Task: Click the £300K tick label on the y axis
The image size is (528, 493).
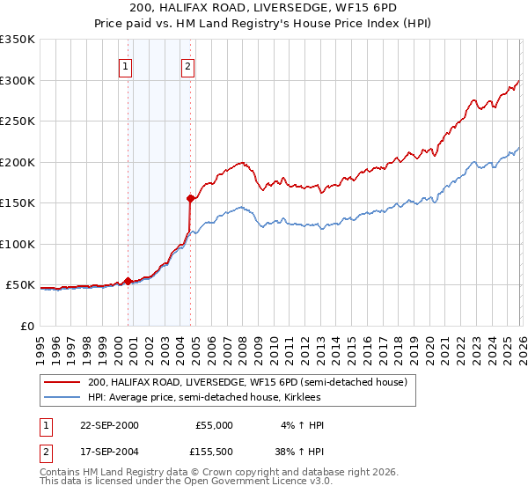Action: pyautogui.click(x=18, y=80)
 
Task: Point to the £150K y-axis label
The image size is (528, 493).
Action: pyautogui.click(x=18, y=202)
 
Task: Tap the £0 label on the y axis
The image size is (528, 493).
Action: pyautogui.click(x=27, y=326)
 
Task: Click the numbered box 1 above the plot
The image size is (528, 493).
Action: pyautogui.click(x=125, y=65)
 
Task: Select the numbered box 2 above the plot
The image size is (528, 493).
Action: pyautogui.click(x=188, y=65)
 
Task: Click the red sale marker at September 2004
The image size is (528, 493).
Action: pyautogui.click(x=190, y=199)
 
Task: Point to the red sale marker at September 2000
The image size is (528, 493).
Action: pyautogui.click(x=128, y=281)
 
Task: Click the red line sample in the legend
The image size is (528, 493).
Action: pyautogui.click(x=62, y=383)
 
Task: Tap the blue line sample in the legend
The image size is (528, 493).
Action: pyautogui.click(x=62, y=398)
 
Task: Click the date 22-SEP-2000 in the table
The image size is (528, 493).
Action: pyautogui.click(x=108, y=424)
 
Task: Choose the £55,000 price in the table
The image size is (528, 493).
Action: pyautogui.click(x=214, y=424)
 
